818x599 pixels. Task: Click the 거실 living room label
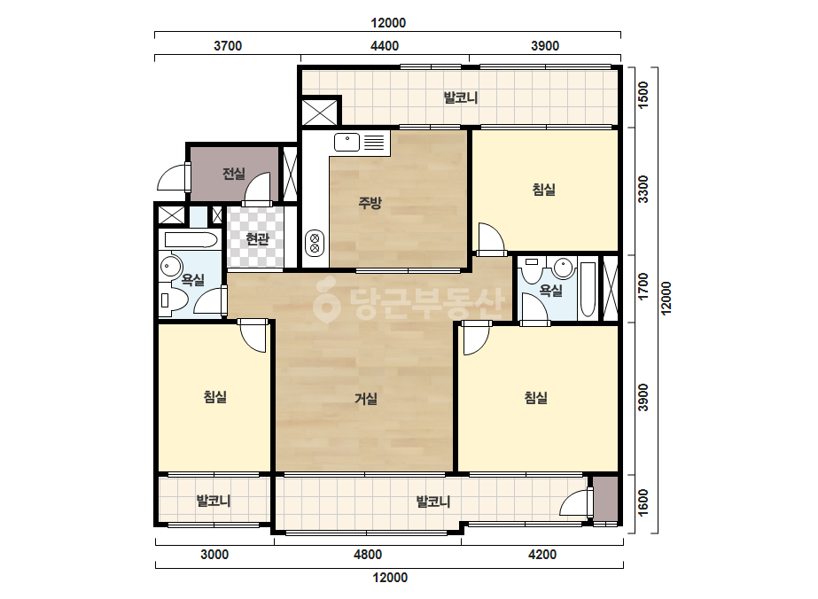(x=366, y=399)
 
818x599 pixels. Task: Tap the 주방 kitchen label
(x=370, y=202)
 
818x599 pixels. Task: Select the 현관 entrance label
(x=257, y=239)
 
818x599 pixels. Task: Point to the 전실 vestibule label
(x=234, y=173)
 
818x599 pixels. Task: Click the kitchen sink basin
(x=347, y=142)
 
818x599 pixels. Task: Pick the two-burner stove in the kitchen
(x=315, y=243)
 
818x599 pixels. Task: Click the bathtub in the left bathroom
(x=191, y=240)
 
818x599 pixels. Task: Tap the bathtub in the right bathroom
(x=587, y=289)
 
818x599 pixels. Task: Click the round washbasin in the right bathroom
(x=564, y=268)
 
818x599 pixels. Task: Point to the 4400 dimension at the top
(x=385, y=46)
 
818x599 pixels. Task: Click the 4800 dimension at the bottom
(x=368, y=554)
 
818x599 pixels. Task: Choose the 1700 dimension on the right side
(x=643, y=286)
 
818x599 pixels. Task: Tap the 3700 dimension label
(x=228, y=46)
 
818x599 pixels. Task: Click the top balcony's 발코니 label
(x=461, y=97)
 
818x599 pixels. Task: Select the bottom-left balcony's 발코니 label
(x=214, y=501)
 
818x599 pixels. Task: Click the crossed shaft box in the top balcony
(x=320, y=112)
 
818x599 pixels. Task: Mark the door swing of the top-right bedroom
(x=491, y=239)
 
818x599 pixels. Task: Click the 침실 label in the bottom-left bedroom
(x=215, y=397)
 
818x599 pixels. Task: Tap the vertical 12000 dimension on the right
(x=666, y=298)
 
